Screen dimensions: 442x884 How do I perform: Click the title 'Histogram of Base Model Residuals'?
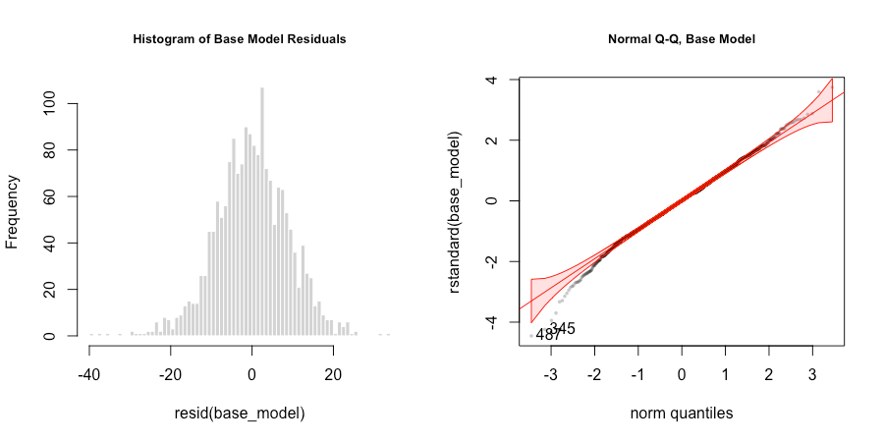coord(240,38)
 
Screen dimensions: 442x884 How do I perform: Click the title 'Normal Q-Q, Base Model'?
coord(681,38)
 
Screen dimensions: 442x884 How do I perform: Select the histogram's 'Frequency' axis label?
coord(14,211)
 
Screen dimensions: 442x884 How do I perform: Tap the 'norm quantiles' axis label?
coord(681,414)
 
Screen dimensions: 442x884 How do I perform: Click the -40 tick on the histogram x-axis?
coord(89,374)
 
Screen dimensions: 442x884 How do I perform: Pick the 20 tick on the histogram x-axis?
coord(334,374)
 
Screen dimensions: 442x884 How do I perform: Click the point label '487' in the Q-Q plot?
coord(548,335)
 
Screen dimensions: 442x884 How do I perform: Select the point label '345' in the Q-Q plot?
coord(562,327)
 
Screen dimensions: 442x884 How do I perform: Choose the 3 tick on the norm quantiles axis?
coord(811,374)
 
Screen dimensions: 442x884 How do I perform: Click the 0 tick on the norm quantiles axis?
coord(681,374)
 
